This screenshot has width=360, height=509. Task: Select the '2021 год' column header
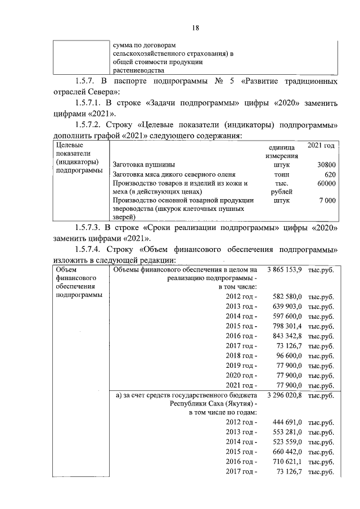click(x=321, y=146)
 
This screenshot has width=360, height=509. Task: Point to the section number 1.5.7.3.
click(x=90, y=227)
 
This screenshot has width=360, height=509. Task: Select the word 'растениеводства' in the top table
click(x=138, y=71)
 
